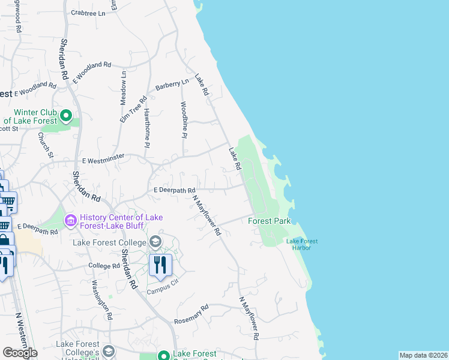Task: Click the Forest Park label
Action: pyautogui.click(x=270, y=221)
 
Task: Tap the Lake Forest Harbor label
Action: pyautogui.click(x=302, y=244)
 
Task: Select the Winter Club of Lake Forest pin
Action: pyautogui.click(x=66, y=115)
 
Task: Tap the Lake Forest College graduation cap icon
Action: pyautogui.click(x=155, y=242)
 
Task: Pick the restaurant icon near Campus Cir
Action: pyautogui.click(x=160, y=265)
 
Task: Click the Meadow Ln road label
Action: pyautogui.click(x=124, y=88)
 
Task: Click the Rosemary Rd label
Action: pyautogui.click(x=191, y=314)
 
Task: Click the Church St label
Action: pyautogui.click(x=46, y=145)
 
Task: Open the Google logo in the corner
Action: pyautogui.click(x=20, y=352)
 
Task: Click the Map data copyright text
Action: pyautogui.click(x=423, y=355)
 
